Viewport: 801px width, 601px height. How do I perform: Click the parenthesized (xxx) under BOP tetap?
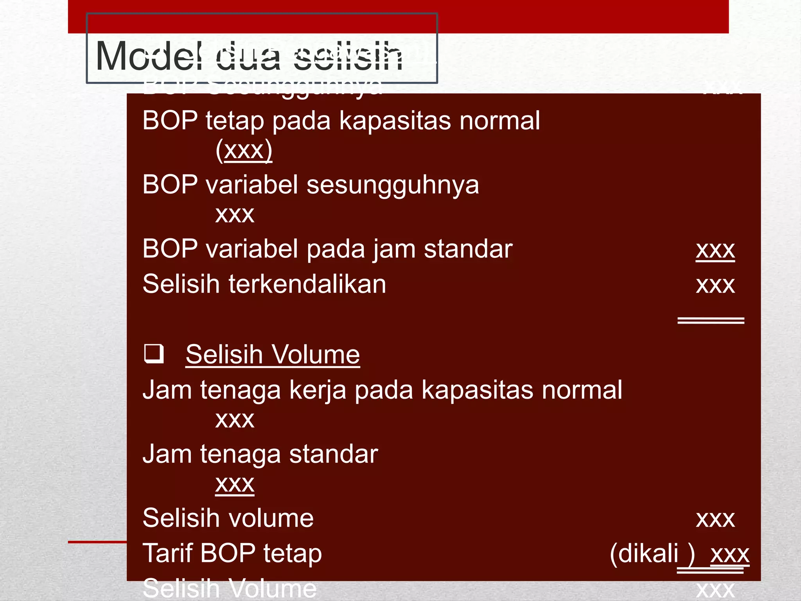[x=244, y=150]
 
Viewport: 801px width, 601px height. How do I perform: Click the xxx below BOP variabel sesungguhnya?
[x=235, y=214]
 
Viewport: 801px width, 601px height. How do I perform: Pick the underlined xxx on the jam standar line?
[x=715, y=250]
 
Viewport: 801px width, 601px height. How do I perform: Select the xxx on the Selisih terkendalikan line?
[x=715, y=285]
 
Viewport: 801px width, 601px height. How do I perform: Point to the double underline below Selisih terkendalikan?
[x=710, y=321]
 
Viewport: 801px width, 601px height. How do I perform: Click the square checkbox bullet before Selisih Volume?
[x=154, y=354]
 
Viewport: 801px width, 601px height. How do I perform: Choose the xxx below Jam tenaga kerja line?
[x=235, y=420]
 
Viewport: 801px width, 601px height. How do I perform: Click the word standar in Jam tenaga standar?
[x=333, y=454]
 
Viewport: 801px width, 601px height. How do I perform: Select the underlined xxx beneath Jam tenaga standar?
[x=235, y=484]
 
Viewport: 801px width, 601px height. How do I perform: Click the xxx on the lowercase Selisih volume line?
[x=715, y=519]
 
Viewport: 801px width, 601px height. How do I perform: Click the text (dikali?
[x=645, y=554]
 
